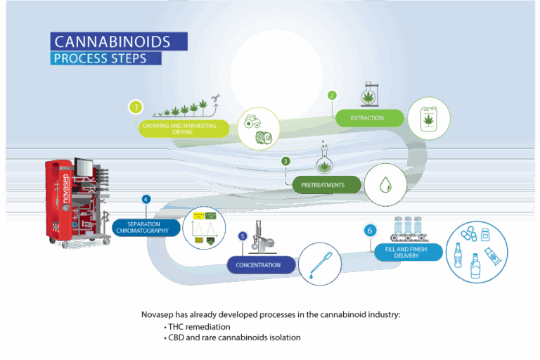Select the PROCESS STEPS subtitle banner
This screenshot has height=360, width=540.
pyautogui.click(x=106, y=58)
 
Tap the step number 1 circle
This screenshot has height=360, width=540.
pyautogui.click(x=136, y=108)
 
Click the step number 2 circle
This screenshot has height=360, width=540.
pyautogui.click(x=333, y=95)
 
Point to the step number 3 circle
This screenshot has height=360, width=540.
pyautogui.click(x=285, y=161)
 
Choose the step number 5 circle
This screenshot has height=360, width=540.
pyautogui.click(x=243, y=236)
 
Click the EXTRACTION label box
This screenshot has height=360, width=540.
pyautogui.click(x=367, y=117)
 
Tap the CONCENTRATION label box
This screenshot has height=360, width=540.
pyautogui.click(x=257, y=264)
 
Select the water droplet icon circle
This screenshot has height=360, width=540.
pyautogui.click(x=385, y=184)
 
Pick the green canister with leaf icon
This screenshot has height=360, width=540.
pyautogui.click(x=429, y=118)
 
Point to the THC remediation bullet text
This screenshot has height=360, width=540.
pyautogui.click(x=200, y=327)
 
